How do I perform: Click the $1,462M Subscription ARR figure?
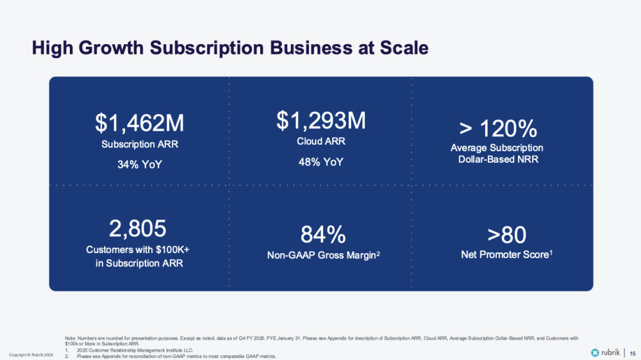140,123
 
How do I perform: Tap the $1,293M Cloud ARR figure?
320,120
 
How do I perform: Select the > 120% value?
498,129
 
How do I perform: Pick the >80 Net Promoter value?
506,235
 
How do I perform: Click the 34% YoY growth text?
140,165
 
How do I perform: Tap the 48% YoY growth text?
320,162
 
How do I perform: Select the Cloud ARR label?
320,142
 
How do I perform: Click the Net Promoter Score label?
504,255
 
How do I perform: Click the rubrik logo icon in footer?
595,353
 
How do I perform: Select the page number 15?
633,353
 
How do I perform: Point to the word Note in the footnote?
70,338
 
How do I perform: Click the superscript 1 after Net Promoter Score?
551,252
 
